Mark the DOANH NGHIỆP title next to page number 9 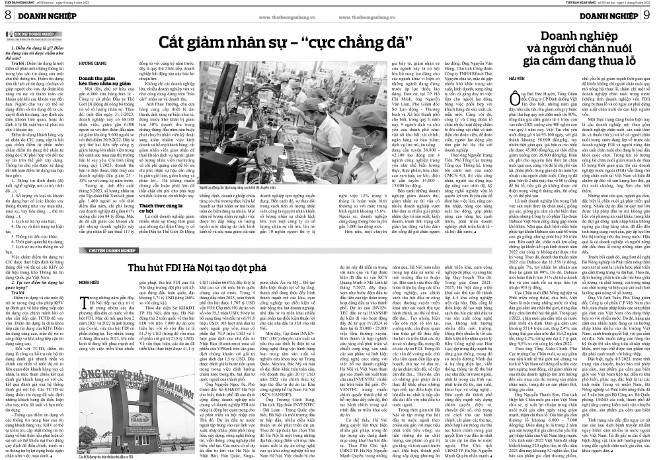tap(618, 15)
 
